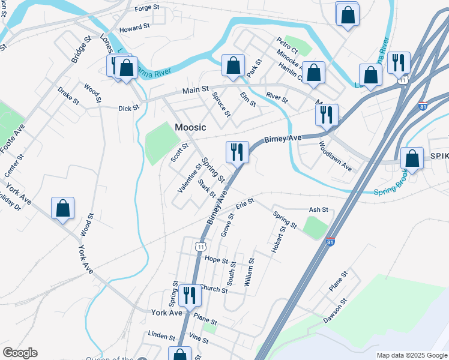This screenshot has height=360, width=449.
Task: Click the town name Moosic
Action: pos(190,128)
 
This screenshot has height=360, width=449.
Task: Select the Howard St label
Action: pos(134,28)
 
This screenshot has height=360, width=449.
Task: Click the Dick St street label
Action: pos(128,109)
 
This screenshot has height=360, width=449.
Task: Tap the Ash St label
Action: pos(318,210)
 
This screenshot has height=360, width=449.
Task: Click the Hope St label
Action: pos(216,260)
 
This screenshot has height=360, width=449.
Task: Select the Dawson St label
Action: pos(336,310)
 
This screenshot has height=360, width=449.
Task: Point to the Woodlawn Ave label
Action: pos(335,155)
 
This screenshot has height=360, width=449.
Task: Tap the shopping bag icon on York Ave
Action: pos(62,208)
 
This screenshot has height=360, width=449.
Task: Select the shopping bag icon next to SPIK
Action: pos(412,159)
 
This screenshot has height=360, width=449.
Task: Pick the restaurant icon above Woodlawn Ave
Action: pos(327,115)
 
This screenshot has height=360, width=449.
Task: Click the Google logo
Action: pos(20,353)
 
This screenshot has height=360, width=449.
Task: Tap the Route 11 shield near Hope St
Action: pos(200,246)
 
